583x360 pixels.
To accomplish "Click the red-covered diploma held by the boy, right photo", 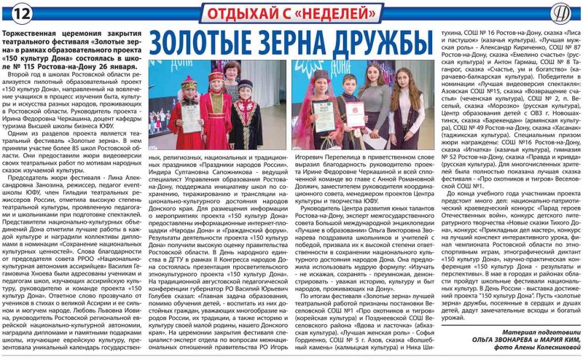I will (x=354, y=114).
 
